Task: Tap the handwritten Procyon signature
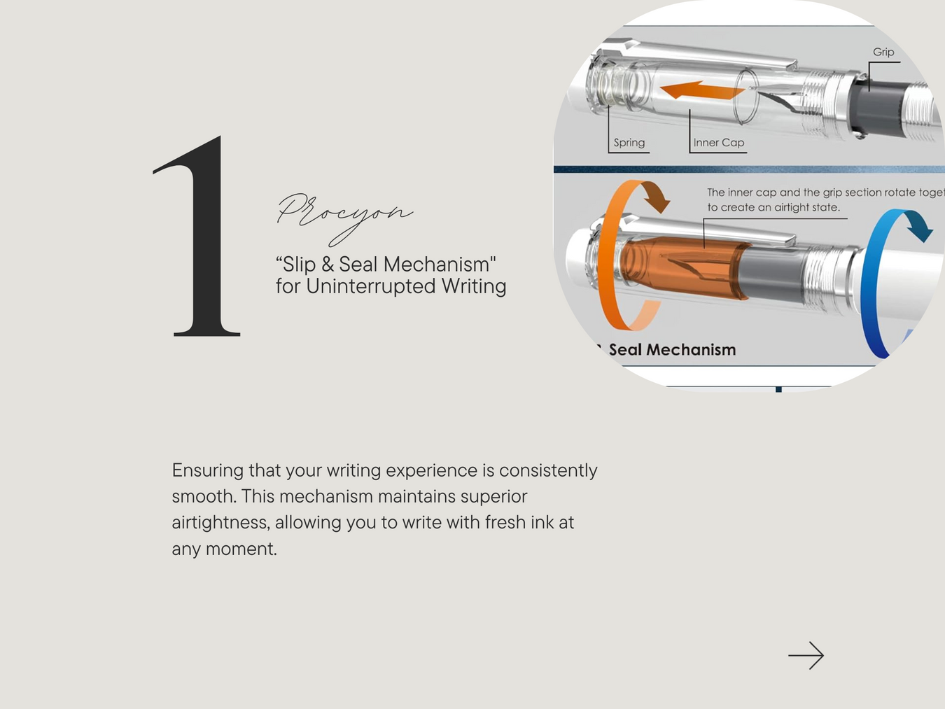pyautogui.click(x=344, y=218)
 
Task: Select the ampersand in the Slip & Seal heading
pyautogui.click(x=328, y=265)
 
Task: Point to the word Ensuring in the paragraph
pyautogui.click(x=208, y=471)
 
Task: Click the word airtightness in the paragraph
pyautogui.click(x=221, y=523)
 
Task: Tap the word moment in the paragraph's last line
pyautogui.click(x=241, y=549)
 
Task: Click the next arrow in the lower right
pyautogui.click(x=806, y=656)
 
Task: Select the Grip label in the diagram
pyautogui.click(x=883, y=52)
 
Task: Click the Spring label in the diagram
pyautogui.click(x=629, y=143)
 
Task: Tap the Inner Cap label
pyautogui.click(x=718, y=143)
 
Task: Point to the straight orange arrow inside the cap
pyautogui.click(x=703, y=90)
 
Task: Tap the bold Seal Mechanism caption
pyautogui.click(x=672, y=349)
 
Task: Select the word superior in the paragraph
pyautogui.click(x=493, y=497)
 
